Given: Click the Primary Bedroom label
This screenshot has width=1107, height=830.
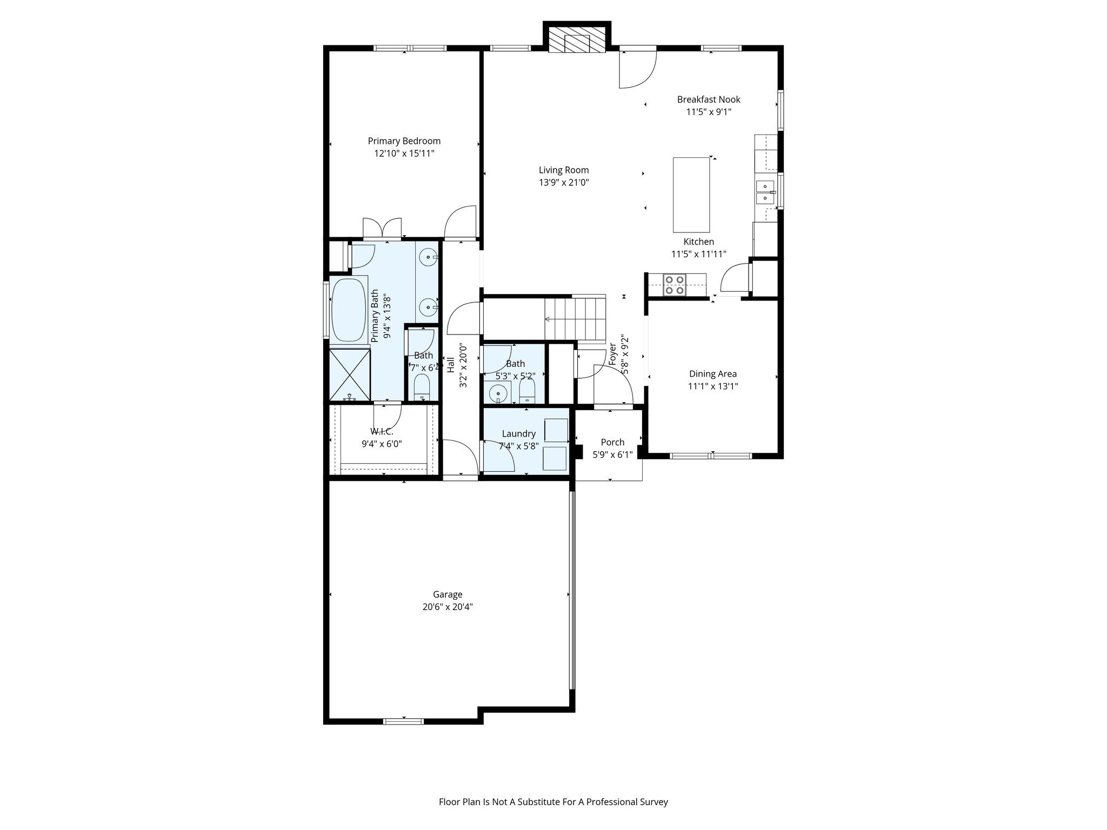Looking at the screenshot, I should coord(404,141).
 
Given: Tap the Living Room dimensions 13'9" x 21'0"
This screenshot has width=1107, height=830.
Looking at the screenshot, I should coord(563,183).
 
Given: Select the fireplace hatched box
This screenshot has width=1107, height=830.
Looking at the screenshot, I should coord(577,39).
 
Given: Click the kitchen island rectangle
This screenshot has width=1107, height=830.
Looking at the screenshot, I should coord(691,195).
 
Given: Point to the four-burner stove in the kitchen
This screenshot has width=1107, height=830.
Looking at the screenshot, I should coord(675,285).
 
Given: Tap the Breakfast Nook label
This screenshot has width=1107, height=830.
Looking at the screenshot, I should coord(709,99).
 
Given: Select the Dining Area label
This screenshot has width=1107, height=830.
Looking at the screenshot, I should coord(712,373).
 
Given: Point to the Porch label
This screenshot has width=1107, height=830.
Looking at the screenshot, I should coord(612,442).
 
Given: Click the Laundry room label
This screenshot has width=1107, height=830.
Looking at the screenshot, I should coord(518,433).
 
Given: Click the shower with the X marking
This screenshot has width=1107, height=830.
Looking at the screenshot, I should coord(349,375).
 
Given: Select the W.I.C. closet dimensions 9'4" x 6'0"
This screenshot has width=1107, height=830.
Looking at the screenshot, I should coord(382,444).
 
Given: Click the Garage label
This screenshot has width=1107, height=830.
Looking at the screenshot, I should coord(448,594).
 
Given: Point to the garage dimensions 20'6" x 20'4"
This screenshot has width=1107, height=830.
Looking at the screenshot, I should coord(448,607).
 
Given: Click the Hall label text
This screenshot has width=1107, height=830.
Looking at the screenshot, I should coord(450,365).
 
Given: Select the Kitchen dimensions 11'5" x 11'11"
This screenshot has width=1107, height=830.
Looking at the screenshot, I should coord(698,254).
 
